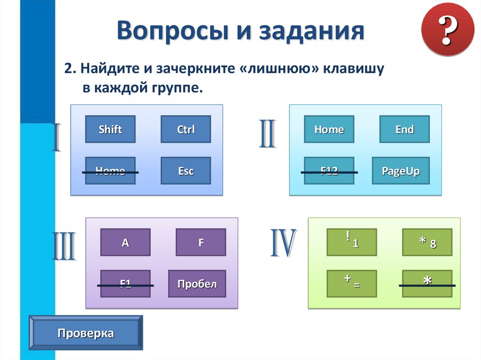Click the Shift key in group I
(110, 130)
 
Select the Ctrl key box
(186, 130)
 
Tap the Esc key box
(186, 171)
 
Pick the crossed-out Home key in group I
(110, 171)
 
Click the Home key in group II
(329, 130)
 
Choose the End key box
(404, 130)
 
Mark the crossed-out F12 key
(329, 171)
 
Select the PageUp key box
(400, 171)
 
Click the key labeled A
(125, 242)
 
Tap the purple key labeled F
(201, 242)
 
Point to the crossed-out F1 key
(125, 283)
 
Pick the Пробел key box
(197, 283)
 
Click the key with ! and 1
(352, 242)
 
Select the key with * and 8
(427, 242)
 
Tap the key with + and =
(352, 283)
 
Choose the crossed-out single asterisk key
(427, 283)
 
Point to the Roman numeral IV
(283, 244)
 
